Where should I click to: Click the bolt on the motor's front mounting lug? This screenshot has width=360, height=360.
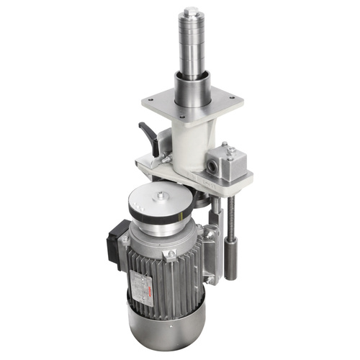(x=171, y=254)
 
